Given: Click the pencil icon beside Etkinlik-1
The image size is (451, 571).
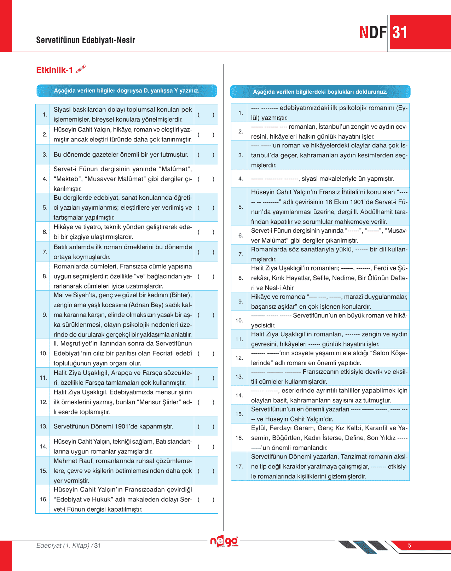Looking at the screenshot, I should point(81,69).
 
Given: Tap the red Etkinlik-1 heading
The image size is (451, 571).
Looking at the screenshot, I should point(54,70).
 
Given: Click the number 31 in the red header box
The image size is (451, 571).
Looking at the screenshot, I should point(400,33).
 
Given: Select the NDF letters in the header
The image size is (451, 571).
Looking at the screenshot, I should point(373,33).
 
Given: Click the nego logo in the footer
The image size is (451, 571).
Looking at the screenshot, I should point(224,541).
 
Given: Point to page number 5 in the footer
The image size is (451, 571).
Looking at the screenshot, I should point(410,546).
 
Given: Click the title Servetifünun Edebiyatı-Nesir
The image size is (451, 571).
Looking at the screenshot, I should point(86,40).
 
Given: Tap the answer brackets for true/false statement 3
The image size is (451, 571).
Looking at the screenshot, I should point(206,155).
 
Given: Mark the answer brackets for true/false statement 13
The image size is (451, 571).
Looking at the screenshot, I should point(206,426).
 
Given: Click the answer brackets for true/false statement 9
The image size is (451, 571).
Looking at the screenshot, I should point(206,315).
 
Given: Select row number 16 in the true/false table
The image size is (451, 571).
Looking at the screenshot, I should point(44,499).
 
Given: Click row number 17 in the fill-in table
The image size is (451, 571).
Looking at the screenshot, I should point(239,466).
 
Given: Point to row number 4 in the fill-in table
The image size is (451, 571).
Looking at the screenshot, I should point(241,179).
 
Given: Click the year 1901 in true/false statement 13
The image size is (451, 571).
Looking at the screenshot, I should point(136,426).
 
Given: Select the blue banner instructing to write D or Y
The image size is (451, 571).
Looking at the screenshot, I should point(127,91).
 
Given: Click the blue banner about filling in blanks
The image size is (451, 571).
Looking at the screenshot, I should point(320,92).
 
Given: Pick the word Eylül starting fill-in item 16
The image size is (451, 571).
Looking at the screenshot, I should point(259,428).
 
